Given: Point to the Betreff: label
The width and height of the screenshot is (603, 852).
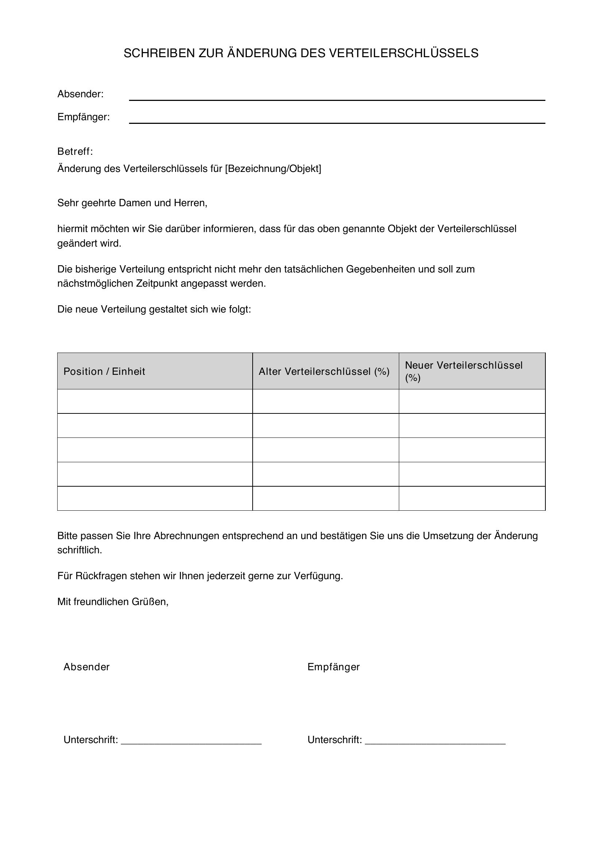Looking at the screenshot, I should pyautogui.click(x=75, y=152).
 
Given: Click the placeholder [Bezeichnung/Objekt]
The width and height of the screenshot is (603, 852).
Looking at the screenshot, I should pyautogui.click(x=273, y=169).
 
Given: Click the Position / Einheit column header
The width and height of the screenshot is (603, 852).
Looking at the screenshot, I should pyautogui.click(x=104, y=372).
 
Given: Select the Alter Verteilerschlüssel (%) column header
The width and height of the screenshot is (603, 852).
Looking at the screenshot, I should pyautogui.click(x=324, y=372).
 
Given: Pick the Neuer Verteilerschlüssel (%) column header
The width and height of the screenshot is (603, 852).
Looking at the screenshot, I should pyautogui.click(x=463, y=371).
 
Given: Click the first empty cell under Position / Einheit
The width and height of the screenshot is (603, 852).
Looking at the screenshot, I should pyautogui.click(x=155, y=401).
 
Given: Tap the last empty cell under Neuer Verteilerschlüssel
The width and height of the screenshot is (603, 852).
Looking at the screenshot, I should pyautogui.click(x=471, y=498).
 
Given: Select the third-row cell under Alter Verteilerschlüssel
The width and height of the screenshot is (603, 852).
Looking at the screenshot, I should pyautogui.click(x=326, y=450).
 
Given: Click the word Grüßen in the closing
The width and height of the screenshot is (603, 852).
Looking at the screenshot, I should pyautogui.click(x=149, y=601).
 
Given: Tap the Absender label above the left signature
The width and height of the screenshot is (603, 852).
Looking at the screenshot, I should pyautogui.click(x=86, y=667).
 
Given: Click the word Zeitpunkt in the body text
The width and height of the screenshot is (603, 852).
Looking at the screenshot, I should pyautogui.click(x=157, y=283).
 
